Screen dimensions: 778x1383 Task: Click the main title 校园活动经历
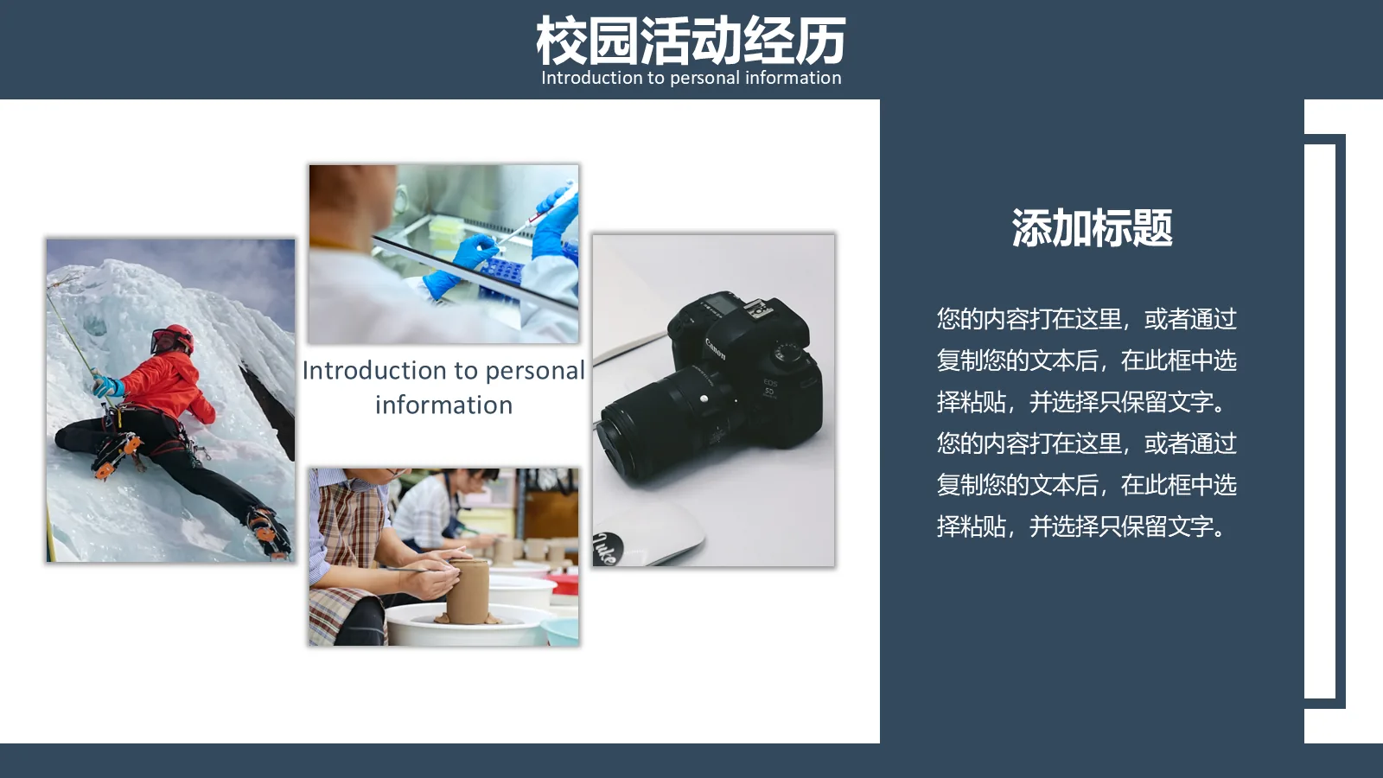[x=691, y=40]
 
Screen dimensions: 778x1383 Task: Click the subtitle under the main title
[x=691, y=78]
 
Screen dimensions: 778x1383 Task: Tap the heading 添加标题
[x=1092, y=228]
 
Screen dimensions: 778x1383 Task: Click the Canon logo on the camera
[x=716, y=348]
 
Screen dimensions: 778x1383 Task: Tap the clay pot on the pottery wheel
[x=468, y=590]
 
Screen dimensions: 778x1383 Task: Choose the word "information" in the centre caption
[x=443, y=405]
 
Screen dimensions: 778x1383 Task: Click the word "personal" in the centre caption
[x=534, y=370]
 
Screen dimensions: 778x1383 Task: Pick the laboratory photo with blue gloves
[x=443, y=253]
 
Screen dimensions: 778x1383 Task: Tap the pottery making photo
[x=443, y=557]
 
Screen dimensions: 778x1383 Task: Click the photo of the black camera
[x=713, y=399]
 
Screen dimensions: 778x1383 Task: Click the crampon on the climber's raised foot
[x=115, y=452]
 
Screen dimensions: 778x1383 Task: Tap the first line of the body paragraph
[x=1087, y=319]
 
